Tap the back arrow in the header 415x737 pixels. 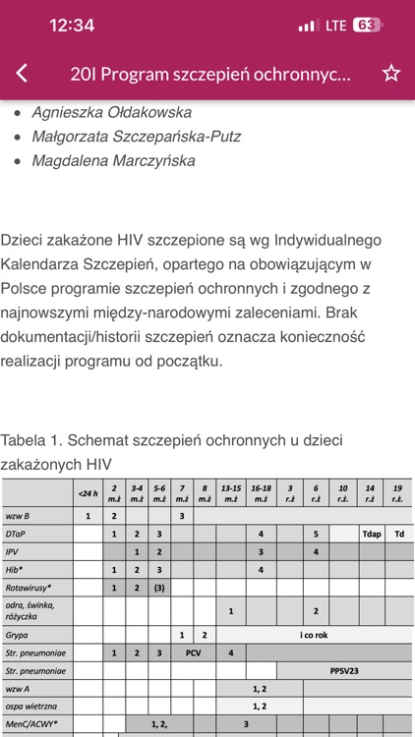click(x=23, y=74)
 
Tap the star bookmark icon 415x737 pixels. click(x=390, y=74)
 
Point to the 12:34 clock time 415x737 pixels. click(x=71, y=25)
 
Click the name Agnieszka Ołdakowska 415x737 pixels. click(x=112, y=112)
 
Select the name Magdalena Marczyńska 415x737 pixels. click(x=114, y=160)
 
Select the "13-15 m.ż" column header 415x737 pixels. click(x=231, y=492)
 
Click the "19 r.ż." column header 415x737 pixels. click(x=397, y=492)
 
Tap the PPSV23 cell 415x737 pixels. click(x=343, y=670)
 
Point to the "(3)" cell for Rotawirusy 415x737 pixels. click(x=159, y=588)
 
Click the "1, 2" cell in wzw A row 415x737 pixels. click(x=260, y=689)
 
